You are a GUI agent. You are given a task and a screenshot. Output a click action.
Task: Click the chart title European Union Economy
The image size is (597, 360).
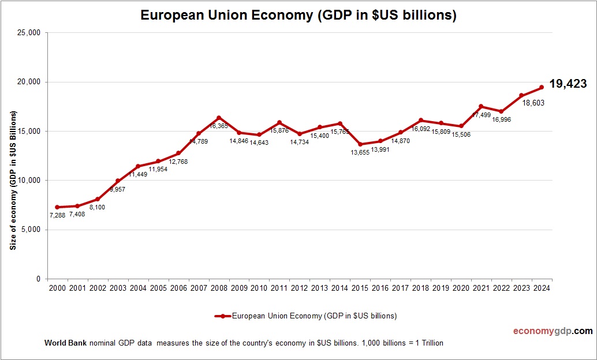(x=298, y=16)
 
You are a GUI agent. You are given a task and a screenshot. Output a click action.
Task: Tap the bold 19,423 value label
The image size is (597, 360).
(x=568, y=84)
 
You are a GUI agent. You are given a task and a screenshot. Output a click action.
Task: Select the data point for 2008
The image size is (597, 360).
(x=218, y=118)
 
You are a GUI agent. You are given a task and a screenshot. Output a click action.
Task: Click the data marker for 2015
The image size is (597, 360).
(x=360, y=144)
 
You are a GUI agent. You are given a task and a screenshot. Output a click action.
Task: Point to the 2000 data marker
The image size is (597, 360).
(x=57, y=207)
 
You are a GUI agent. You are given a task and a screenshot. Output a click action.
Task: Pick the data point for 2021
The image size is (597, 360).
(x=481, y=106)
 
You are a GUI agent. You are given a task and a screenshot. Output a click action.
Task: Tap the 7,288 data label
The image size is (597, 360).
(x=57, y=215)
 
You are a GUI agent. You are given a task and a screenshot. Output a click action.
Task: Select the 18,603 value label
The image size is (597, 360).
(x=533, y=103)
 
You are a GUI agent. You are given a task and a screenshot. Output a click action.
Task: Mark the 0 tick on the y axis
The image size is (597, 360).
(x=38, y=279)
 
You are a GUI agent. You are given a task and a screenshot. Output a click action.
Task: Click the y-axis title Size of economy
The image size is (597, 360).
(x=13, y=181)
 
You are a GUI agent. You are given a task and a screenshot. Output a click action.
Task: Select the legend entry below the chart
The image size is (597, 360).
(x=305, y=316)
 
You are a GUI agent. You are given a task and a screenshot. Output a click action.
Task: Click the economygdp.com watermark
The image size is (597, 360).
(x=553, y=331)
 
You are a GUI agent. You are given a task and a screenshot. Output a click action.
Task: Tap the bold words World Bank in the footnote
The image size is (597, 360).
(x=65, y=343)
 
